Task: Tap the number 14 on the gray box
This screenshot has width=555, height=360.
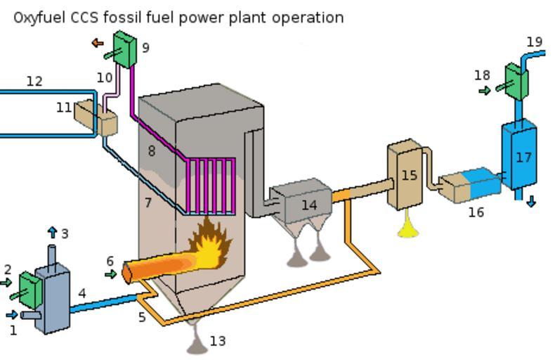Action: (x=309, y=205)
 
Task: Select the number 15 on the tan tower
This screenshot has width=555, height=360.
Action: (x=409, y=175)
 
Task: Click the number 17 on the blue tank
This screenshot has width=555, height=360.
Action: (x=523, y=157)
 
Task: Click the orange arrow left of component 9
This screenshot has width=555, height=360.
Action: (x=97, y=44)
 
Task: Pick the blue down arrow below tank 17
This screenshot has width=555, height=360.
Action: (x=531, y=202)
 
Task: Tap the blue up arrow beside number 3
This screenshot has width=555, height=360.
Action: (x=53, y=232)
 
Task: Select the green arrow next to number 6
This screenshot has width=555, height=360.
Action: (x=111, y=274)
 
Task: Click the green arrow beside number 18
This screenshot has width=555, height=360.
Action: (x=484, y=91)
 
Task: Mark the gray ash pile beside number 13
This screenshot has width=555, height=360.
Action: (x=196, y=340)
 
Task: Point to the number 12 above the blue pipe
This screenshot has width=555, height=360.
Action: (x=34, y=82)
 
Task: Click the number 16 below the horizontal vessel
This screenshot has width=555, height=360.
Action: (x=476, y=212)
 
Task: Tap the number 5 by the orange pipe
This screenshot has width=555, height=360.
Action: (x=142, y=317)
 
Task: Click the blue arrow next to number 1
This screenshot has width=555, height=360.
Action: (x=11, y=315)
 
